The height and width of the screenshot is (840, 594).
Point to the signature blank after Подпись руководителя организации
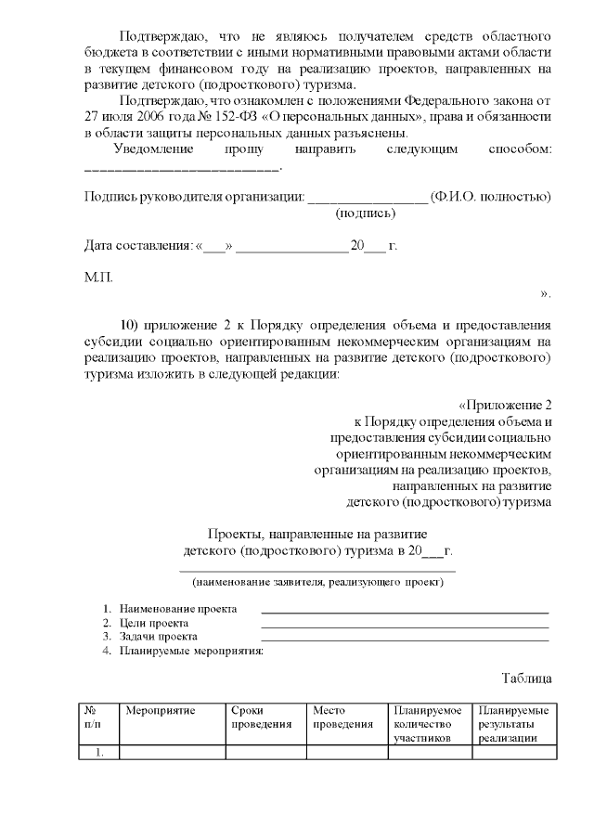367,197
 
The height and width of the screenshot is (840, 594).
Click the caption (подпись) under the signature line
366,213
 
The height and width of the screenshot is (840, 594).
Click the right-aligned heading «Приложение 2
506,405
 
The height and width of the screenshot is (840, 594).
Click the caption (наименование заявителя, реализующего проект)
317,582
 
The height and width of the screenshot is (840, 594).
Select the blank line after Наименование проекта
405,611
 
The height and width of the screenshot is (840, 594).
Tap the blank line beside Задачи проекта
405,639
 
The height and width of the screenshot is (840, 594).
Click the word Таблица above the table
527,678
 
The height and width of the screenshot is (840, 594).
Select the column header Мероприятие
161,711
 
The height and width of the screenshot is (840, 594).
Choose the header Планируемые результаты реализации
512,724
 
